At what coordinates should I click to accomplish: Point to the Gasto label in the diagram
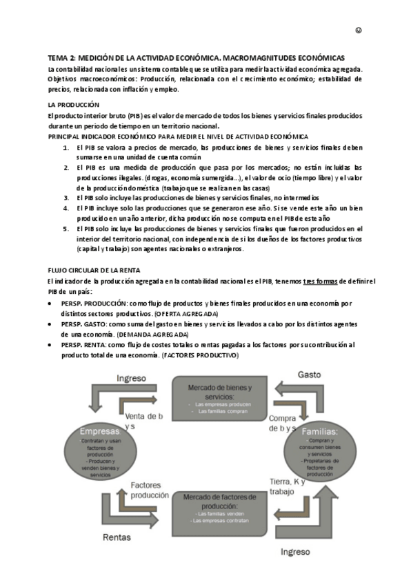pyautogui.click(x=309, y=374)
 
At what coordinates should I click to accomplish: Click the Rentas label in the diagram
pyautogui.click(x=117, y=536)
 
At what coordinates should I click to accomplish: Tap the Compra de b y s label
pyautogui.click(x=283, y=424)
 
